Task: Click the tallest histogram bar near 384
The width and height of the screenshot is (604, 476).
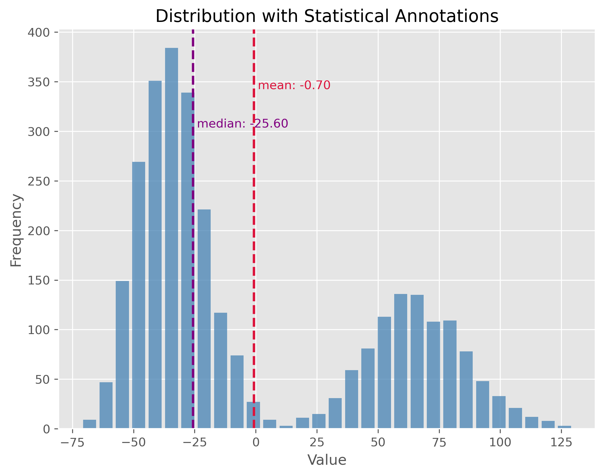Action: [x=171, y=238]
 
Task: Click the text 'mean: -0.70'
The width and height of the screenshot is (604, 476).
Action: [x=294, y=85]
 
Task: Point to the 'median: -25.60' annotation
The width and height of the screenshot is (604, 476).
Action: [x=242, y=124]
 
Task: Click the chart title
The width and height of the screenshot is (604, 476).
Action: [x=327, y=16]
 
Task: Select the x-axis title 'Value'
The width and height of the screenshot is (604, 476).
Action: [x=327, y=460]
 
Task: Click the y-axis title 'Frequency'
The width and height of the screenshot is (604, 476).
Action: [x=16, y=230]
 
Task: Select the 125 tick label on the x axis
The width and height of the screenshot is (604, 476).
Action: [x=561, y=443]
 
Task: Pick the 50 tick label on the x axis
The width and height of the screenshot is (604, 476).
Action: [x=378, y=443]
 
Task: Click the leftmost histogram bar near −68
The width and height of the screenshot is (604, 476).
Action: [x=89, y=424]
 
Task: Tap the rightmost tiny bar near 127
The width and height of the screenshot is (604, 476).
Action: [x=564, y=427]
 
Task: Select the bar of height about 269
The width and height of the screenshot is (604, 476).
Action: [x=139, y=294]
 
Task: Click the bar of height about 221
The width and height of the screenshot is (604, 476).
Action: [x=204, y=317]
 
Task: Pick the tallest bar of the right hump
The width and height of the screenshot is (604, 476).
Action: [x=401, y=361]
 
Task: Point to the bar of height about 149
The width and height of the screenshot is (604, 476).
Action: [x=122, y=355]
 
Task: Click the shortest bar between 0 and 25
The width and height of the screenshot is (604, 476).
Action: [x=286, y=427]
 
